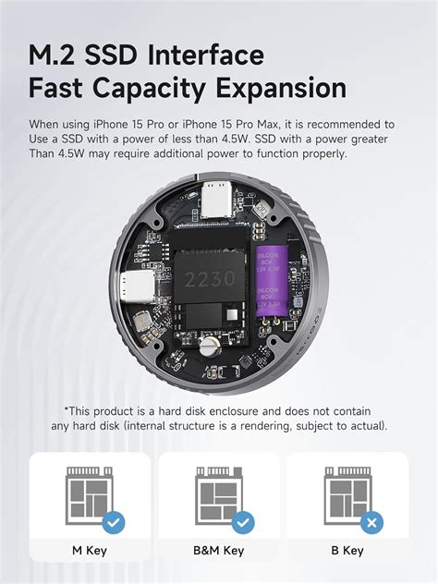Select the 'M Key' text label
89,551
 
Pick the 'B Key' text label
347,551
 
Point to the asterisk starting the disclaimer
67,409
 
